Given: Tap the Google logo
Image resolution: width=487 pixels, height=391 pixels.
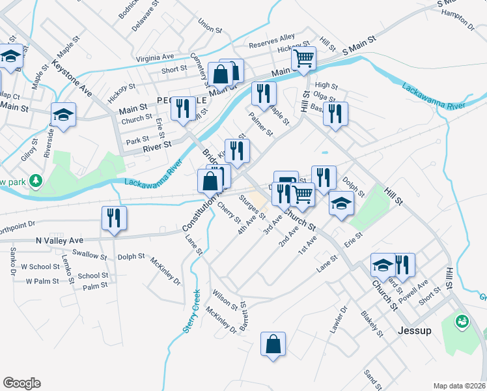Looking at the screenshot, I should (x=21, y=383).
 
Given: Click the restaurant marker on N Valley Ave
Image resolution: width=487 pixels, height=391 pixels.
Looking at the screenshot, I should (x=114, y=219).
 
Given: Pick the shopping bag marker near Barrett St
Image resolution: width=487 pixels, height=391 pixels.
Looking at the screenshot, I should (x=273, y=344).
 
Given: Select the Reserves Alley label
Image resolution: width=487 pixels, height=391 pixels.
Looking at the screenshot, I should (x=273, y=43).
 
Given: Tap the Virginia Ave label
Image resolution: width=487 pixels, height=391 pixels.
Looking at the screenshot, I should (x=155, y=57).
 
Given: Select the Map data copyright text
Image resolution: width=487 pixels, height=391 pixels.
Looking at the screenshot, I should (x=458, y=385).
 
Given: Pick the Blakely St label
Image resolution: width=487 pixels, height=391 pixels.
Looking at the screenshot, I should (x=372, y=324).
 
